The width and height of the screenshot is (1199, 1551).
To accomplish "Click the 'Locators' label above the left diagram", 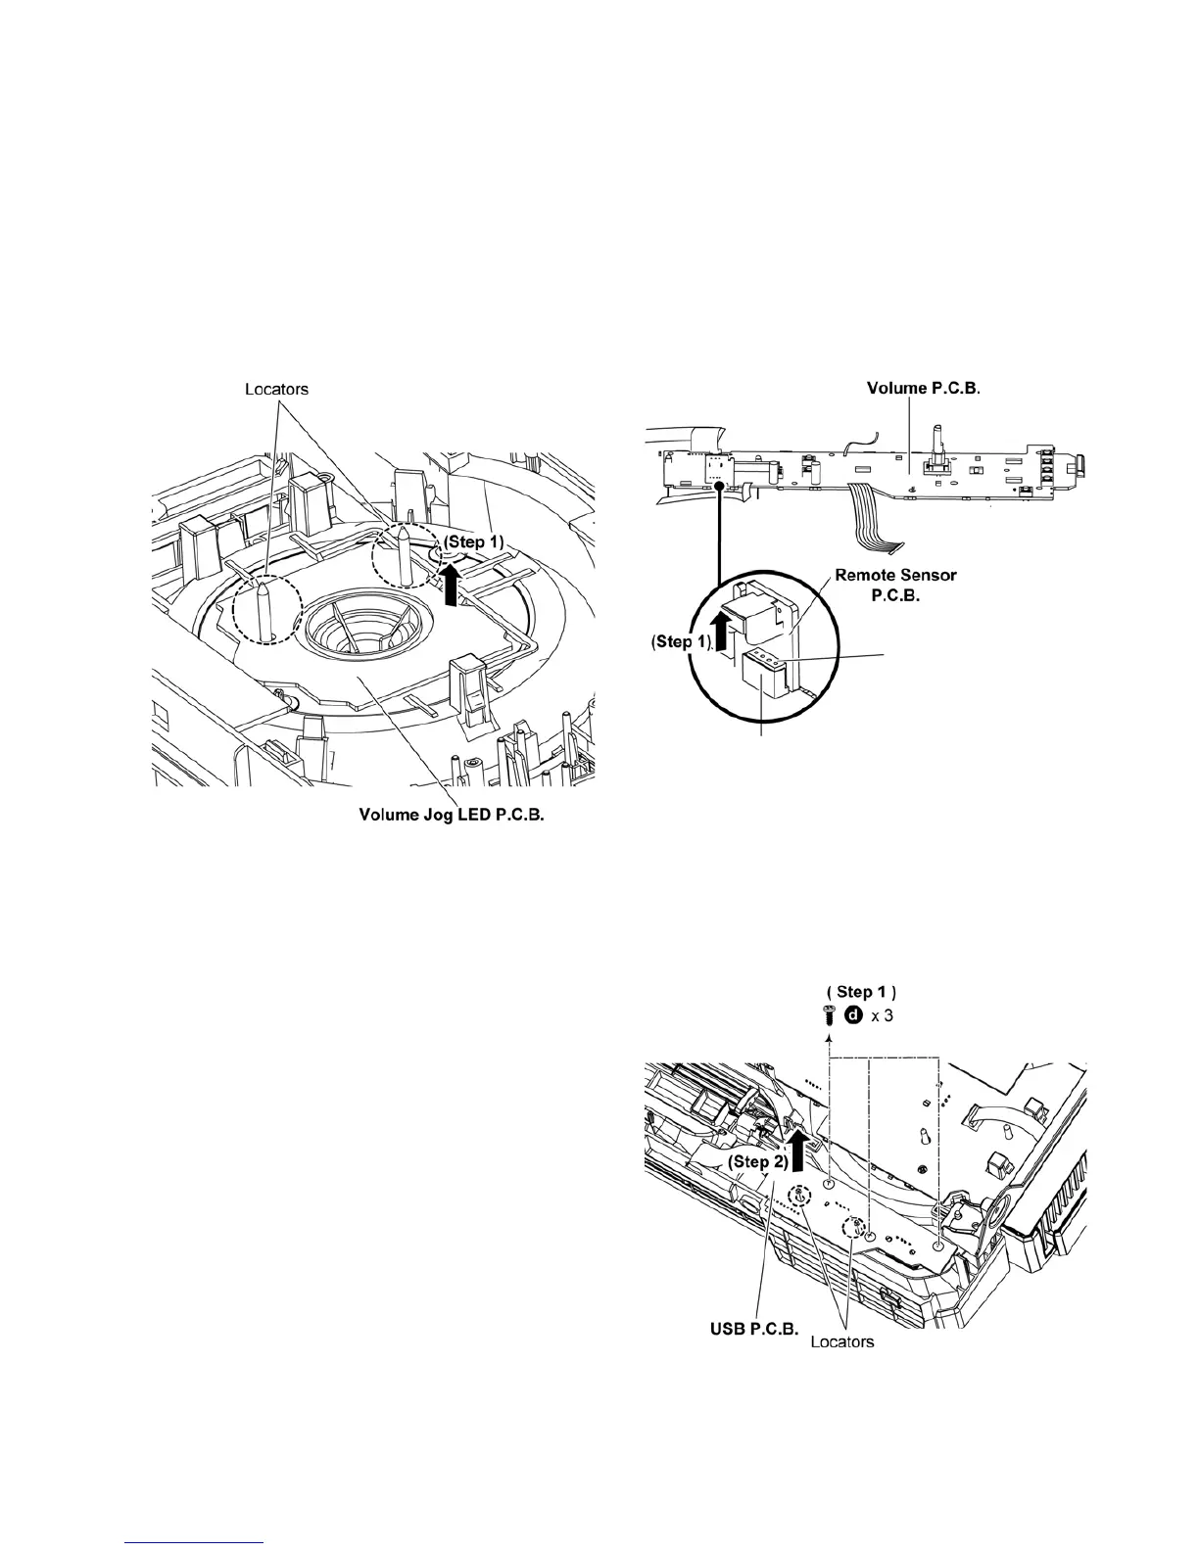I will tap(275, 389).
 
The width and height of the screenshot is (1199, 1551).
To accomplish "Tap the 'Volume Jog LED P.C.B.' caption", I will tap(452, 815).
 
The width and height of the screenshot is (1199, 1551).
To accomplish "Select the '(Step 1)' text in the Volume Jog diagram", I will tap(472, 541).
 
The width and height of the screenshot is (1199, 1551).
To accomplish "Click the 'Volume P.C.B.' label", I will tap(924, 389).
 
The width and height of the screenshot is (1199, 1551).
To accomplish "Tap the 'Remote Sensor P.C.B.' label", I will tap(895, 585).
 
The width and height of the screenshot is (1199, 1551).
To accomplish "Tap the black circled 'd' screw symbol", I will tap(852, 1015).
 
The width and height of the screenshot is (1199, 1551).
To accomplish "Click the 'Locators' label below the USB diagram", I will tap(842, 1341).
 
